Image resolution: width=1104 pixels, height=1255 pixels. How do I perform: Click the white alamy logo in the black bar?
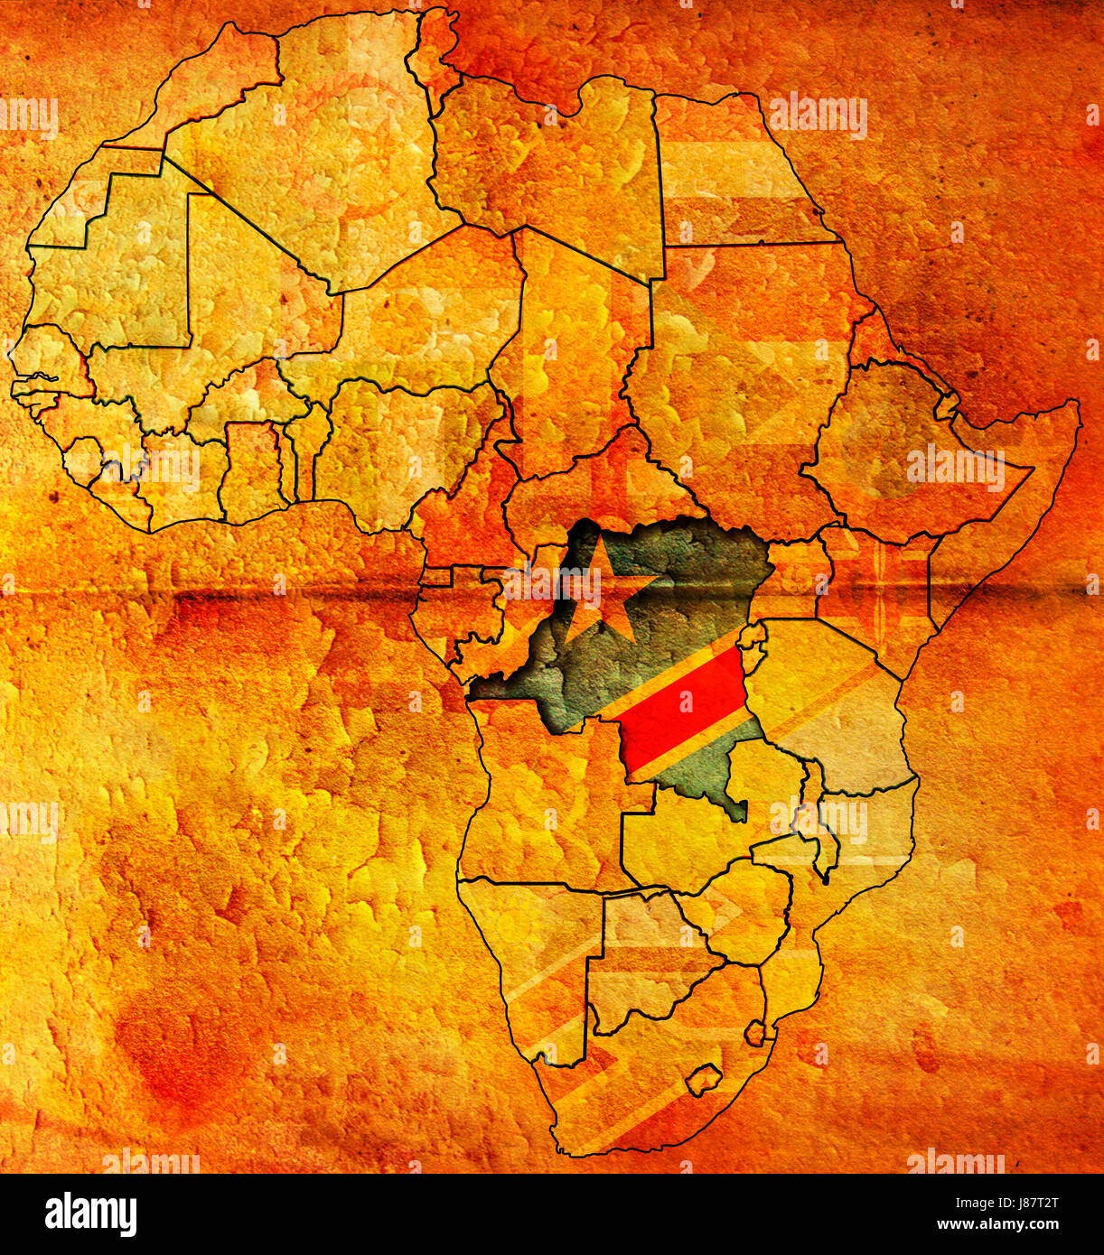[90, 1213]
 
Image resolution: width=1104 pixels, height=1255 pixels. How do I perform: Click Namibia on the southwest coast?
[533, 957]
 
